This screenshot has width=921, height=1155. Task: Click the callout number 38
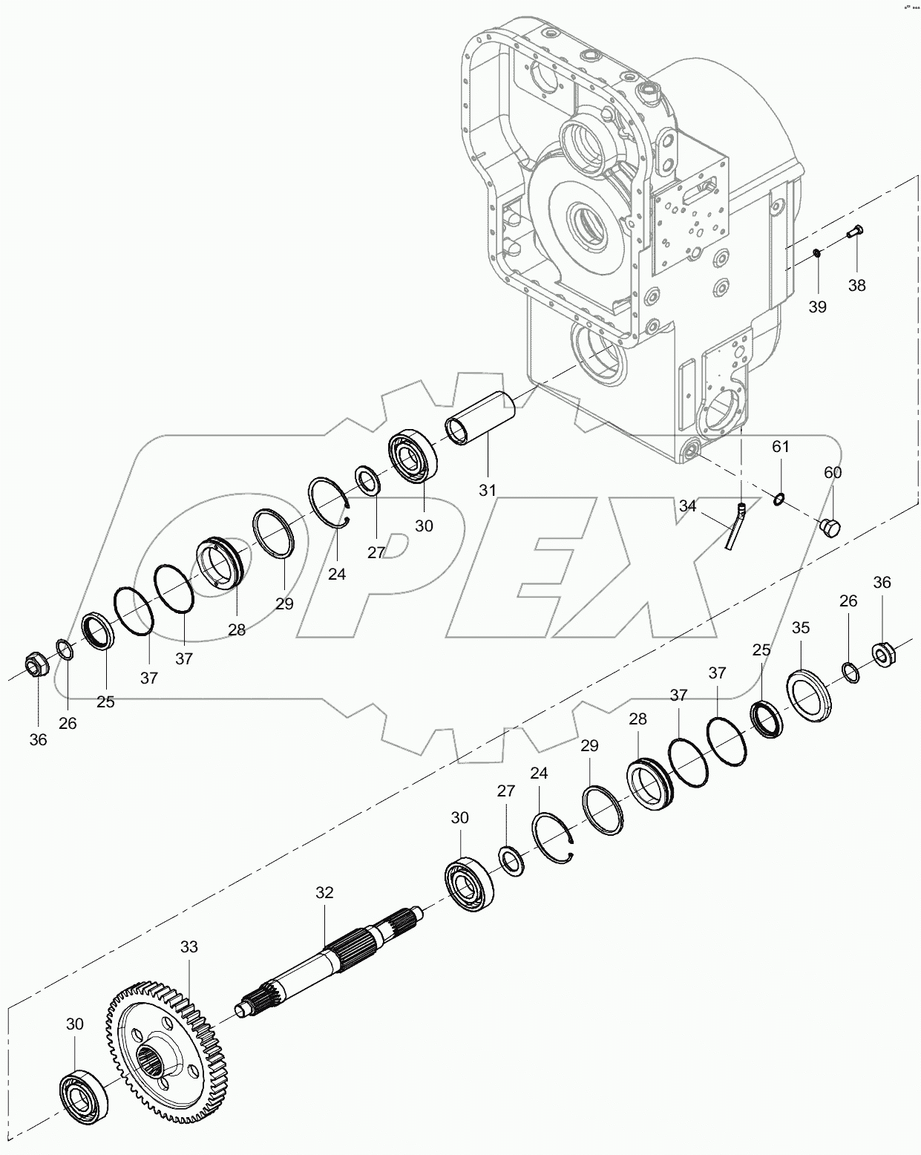point(856,286)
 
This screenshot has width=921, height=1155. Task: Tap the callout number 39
point(817,307)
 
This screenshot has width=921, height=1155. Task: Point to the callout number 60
point(833,472)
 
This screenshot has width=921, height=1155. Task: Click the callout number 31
point(487,491)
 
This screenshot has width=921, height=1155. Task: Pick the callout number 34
point(687,505)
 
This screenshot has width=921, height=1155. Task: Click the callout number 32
point(324,893)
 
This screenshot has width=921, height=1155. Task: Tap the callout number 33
point(189,947)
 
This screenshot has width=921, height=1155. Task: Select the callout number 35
point(800,628)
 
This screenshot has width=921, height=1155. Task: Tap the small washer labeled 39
point(816,254)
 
